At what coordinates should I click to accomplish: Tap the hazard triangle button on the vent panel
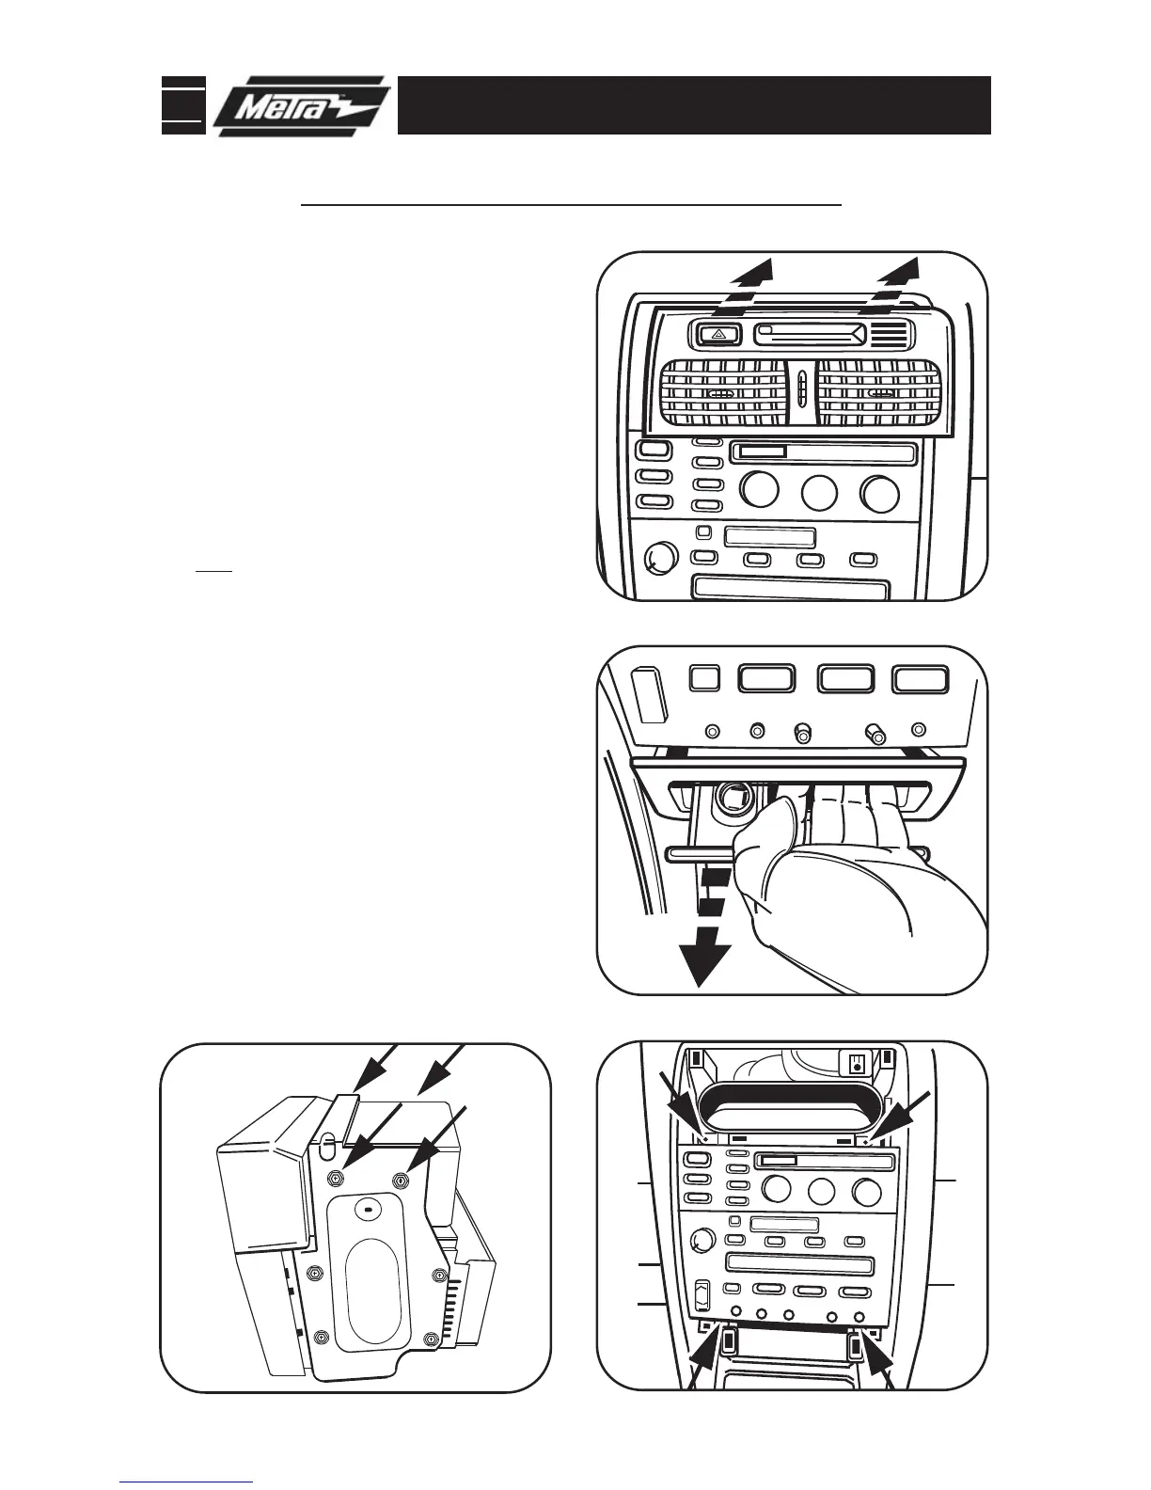pyautogui.click(x=716, y=333)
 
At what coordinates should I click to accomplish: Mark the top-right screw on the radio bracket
pyautogui.click(x=404, y=1178)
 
